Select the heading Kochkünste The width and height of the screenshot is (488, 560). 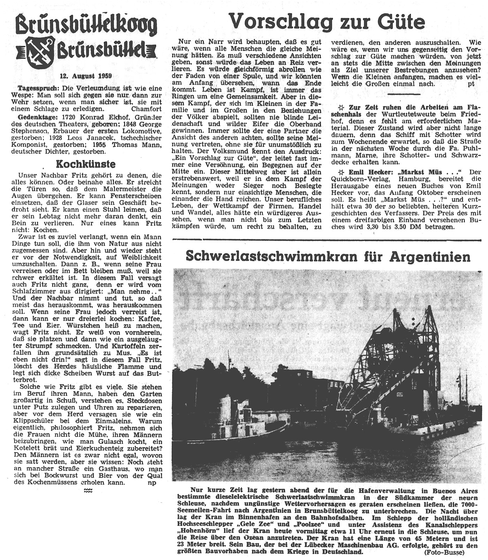click(x=86, y=164)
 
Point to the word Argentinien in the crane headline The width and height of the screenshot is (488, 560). click(x=430, y=257)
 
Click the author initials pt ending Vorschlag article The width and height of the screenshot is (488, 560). click(x=471, y=84)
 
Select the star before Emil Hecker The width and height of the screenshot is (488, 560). click(x=342, y=172)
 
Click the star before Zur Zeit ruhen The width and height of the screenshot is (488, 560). click(x=342, y=107)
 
